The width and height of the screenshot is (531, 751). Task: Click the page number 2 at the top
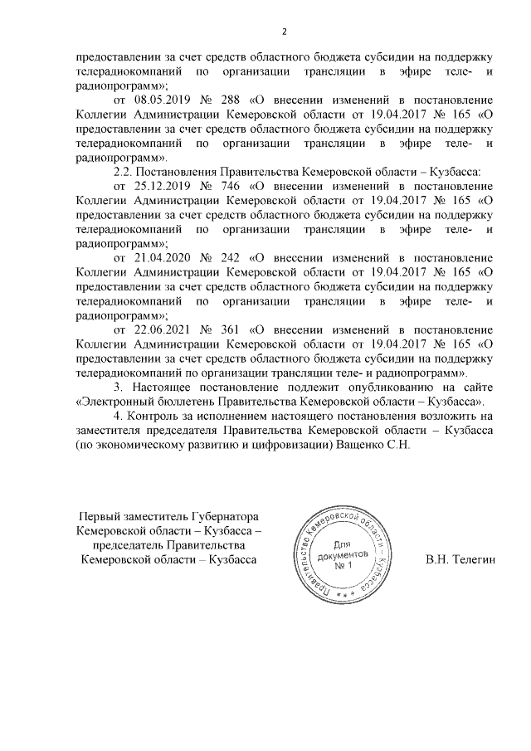point(284,32)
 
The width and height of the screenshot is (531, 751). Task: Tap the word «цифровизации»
point(294,445)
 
